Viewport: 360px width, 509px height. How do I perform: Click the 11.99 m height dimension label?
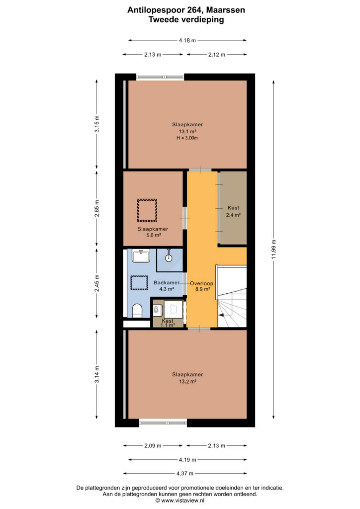[x=273, y=250]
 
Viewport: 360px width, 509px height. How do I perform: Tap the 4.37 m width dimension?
[x=184, y=473]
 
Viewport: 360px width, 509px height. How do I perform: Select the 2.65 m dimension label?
[x=97, y=208]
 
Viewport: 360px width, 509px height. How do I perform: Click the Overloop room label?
[x=201, y=283]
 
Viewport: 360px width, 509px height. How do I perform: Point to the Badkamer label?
[x=167, y=282]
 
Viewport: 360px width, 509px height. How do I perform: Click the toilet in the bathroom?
[x=138, y=311]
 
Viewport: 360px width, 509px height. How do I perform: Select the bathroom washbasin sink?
[x=141, y=255]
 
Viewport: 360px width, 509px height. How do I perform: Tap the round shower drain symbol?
[x=169, y=258]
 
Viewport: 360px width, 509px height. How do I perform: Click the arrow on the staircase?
[x=224, y=315]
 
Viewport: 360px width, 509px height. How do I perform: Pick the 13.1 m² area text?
[x=187, y=131]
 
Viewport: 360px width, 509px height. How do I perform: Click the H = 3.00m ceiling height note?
[x=187, y=138]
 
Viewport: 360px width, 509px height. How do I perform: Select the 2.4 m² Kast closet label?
[x=233, y=215]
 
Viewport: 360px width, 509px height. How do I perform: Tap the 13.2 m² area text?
[x=187, y=381]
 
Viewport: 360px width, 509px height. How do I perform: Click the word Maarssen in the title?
[x=226, y=10]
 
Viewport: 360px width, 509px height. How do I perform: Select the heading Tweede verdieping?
[x=186, y=19]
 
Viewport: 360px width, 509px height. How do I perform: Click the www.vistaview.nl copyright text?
[x=180, y=500]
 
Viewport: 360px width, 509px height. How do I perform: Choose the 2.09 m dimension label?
[x=153, y=446]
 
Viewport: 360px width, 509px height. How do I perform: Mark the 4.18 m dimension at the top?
[x=187, y=40]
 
